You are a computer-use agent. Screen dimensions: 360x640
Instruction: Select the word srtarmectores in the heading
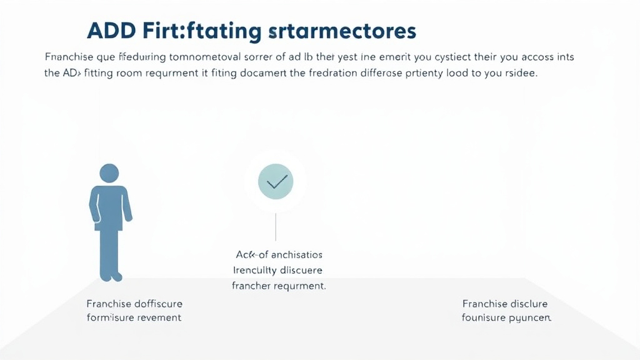(x=337, y=31)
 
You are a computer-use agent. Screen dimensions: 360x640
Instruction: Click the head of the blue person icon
(x=109, y=174)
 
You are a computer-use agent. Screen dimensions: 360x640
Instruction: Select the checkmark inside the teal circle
(x=276, y=182)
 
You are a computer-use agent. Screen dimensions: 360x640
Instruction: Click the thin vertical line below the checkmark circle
(x=276, y=227)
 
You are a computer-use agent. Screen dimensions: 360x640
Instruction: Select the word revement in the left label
(x=158, y=317)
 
